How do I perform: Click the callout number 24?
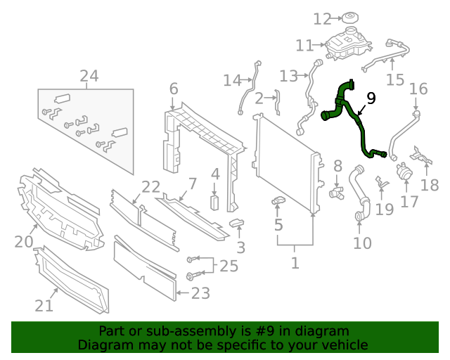click(89, 76)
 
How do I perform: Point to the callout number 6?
click(174, 89)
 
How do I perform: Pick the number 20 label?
click(24, 243)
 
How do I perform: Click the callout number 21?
click(44, 306)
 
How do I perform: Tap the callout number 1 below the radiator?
click(295, 264)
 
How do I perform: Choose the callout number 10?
click(362, 244)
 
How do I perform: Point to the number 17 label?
click(409, 202)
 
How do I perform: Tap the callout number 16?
click(418, 89)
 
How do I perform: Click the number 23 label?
click(200, 293)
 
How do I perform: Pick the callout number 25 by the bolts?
click(229, 266)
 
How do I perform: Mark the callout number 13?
click(289, 76)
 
